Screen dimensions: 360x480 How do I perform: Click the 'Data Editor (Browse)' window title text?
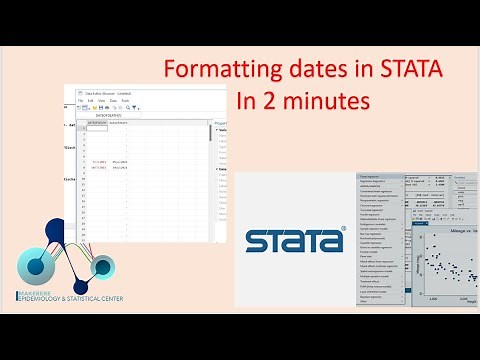pos(109,92)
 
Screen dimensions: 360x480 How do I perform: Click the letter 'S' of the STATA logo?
pos(258,243)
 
